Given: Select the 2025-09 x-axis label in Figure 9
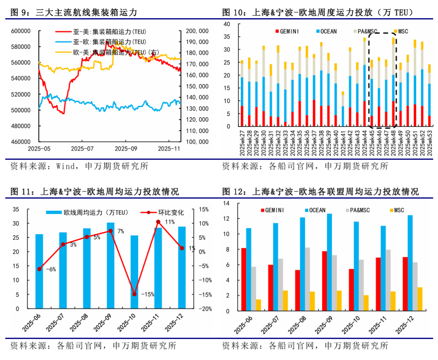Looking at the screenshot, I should [126, 149].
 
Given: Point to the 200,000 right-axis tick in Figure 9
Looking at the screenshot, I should [197, 31].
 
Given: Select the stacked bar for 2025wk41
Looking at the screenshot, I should [343, 110].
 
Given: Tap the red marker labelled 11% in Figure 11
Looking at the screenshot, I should [158, 222].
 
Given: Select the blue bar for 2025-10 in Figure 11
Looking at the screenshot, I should [134, 272].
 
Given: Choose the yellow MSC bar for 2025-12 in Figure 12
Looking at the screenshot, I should [420, 299].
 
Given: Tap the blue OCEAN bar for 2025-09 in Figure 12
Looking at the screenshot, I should [329, 262].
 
